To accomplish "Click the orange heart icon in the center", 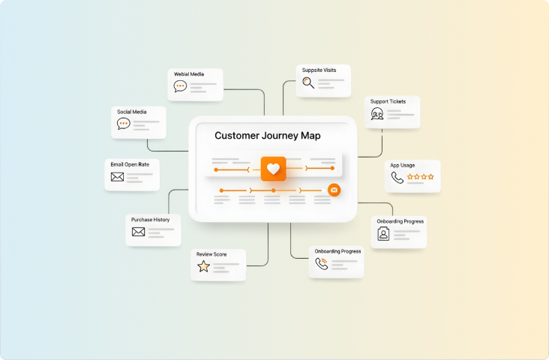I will point(273,169).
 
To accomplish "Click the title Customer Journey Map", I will point(268,136).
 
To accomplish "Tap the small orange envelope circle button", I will point(334,190).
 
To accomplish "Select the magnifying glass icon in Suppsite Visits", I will point(307,83).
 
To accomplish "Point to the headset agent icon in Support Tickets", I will point(377,114).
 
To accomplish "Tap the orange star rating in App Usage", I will point(420,178).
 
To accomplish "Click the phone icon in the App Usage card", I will point(397,178).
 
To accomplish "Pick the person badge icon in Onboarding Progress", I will point(383,234).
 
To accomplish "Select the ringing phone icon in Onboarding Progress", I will point(322,263).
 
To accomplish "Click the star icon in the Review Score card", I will point(203,266).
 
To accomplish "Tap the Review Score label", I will point(211,254).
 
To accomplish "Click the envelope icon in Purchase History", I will point(138,232).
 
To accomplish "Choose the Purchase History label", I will point(150,220).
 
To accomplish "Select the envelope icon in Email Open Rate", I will point(117,177).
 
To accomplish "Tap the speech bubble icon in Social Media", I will point(124,124).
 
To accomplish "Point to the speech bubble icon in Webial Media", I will point(180,86).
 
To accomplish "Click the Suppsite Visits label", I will point(319,70).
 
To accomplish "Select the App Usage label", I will point(402,165).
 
